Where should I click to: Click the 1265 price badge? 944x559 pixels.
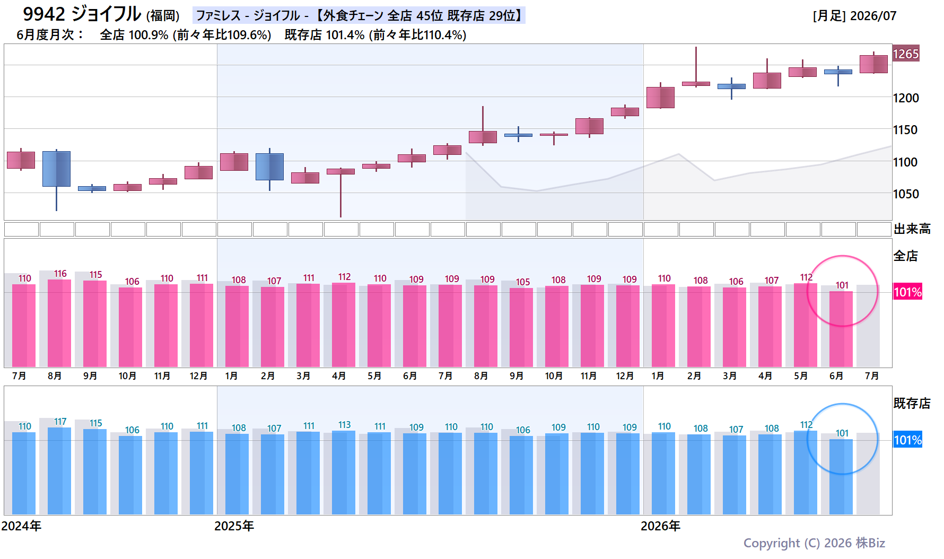tap(906, 54)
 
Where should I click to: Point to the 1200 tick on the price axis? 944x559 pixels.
tap(906, 98)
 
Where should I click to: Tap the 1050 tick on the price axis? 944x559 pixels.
tap(906, 194)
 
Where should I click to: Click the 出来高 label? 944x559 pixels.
tap(912, 229)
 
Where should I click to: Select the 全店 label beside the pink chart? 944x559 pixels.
tap(906, 256)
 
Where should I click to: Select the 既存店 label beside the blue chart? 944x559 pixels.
tap(912, 404)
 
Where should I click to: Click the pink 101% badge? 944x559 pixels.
tap(908, 292)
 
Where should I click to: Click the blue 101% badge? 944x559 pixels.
tap(908, 440)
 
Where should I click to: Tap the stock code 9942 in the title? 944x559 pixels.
tap(44, 14)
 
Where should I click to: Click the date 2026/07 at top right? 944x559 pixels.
tap(873, 16)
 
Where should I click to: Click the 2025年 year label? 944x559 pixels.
tap(234, 526)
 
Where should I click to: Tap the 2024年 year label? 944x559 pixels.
tap(21, 526)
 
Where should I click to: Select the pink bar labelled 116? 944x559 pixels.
tap(59, 323)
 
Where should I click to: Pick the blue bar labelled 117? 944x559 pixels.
tap(59, 471)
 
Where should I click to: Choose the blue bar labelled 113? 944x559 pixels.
tap(344, 473)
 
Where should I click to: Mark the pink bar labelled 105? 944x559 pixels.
tap(521, 327)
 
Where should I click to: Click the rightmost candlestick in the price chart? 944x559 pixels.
tap(873, 64)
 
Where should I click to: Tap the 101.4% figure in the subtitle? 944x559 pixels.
tap(345, 35)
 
